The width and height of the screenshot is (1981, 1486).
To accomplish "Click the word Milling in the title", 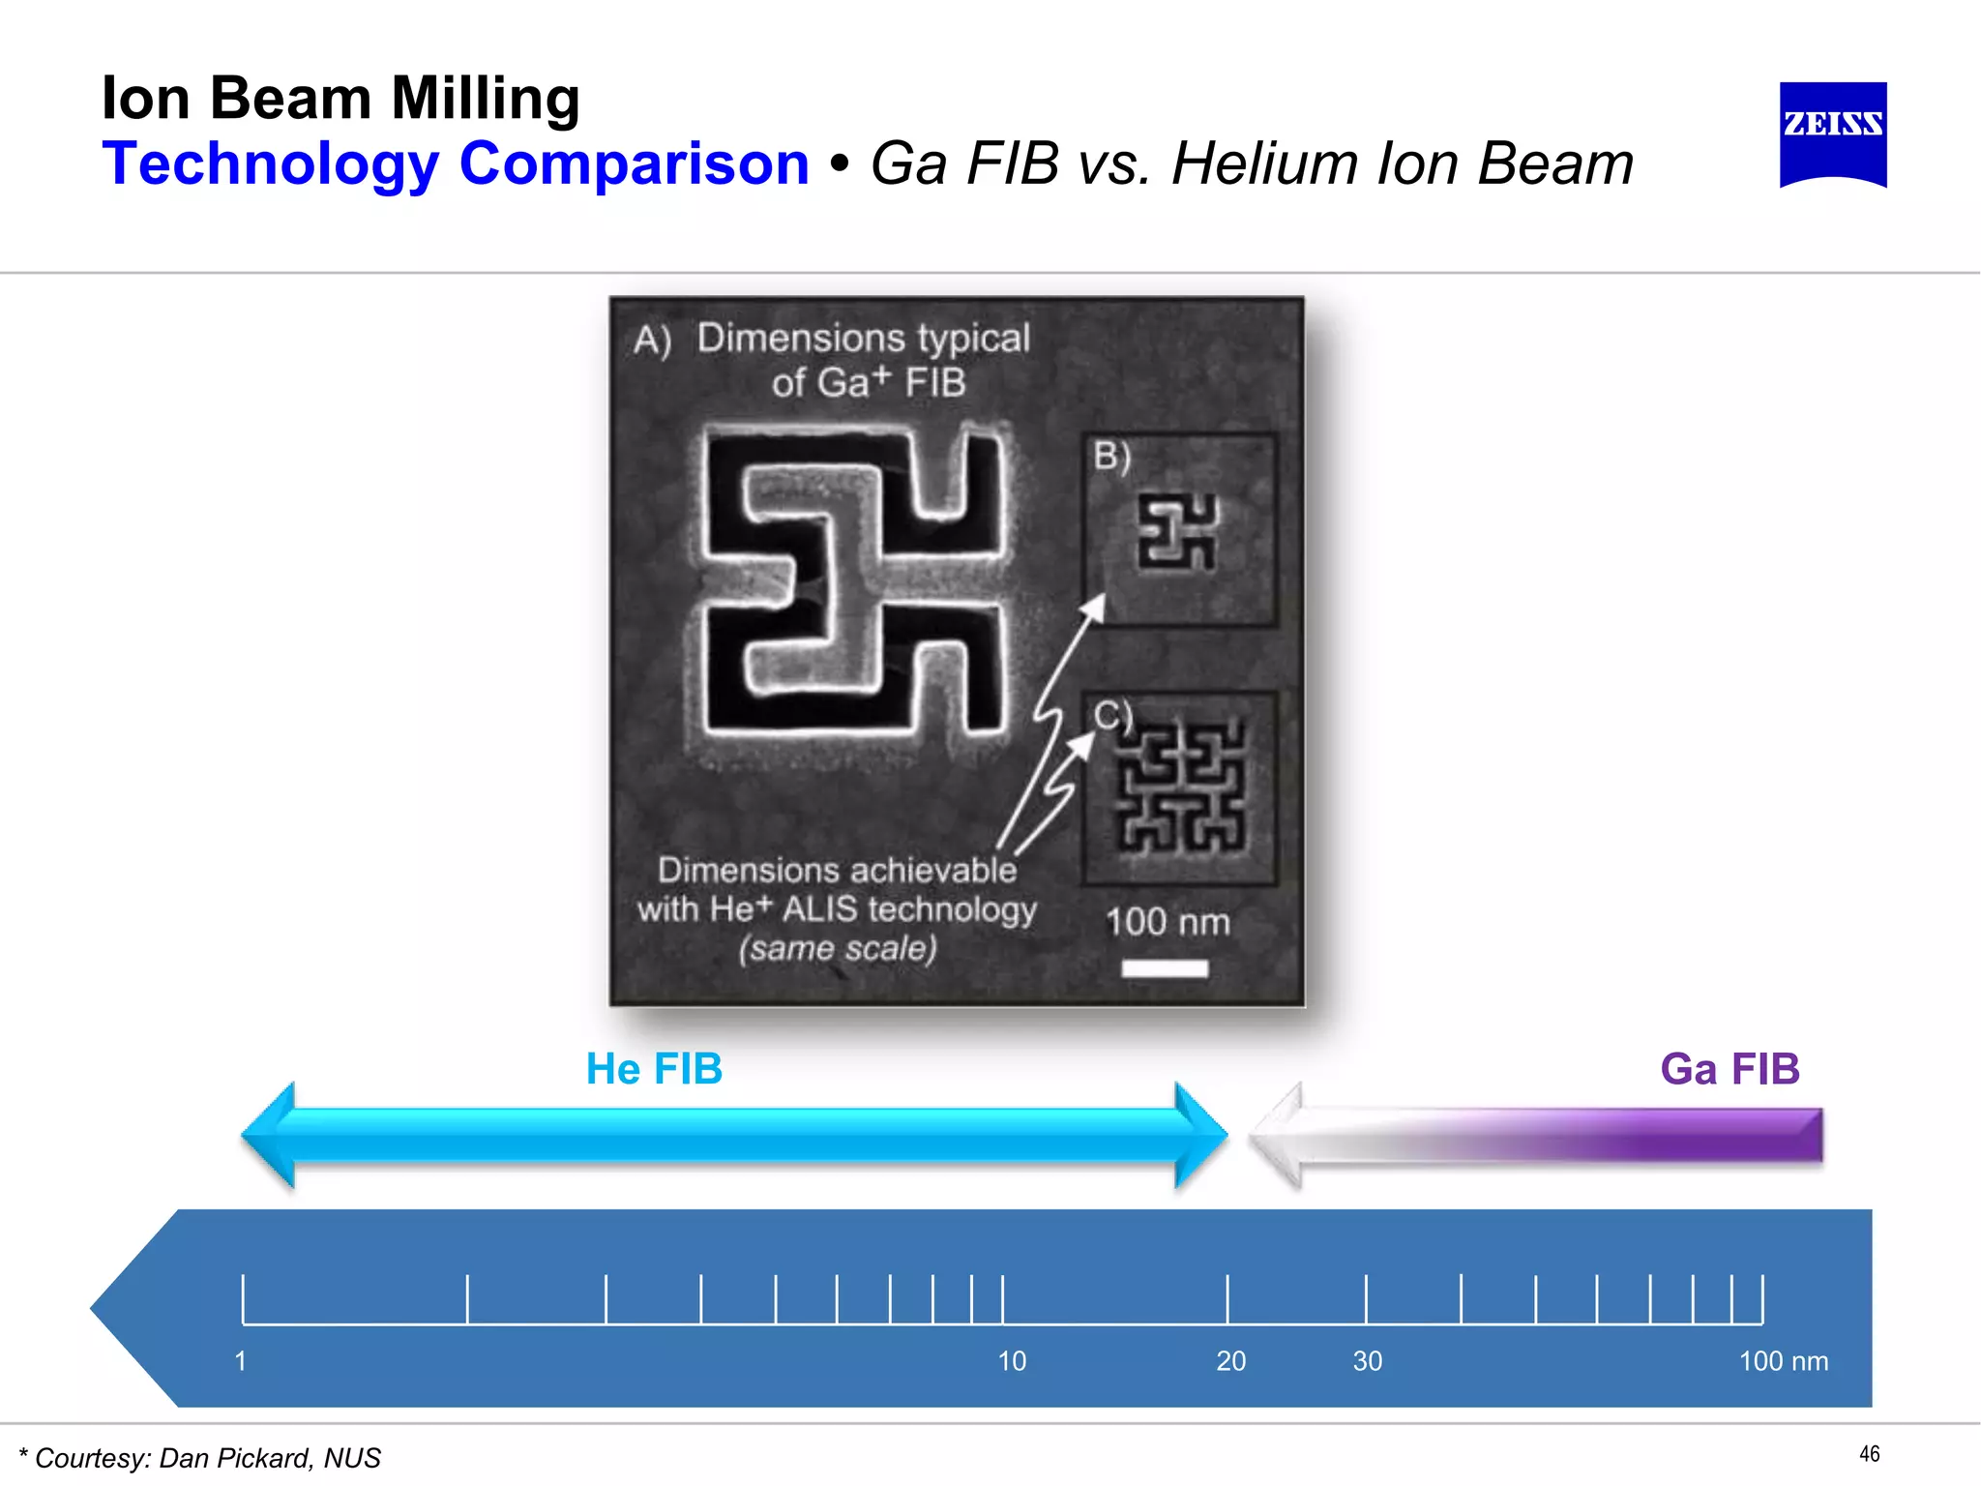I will pyautogui.click(x=486, y=100).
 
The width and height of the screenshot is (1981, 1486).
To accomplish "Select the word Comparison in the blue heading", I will pyautogui.click(x=634, y=163).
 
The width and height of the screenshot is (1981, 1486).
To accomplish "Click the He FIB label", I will pyautogui.click(x=655, y=1069).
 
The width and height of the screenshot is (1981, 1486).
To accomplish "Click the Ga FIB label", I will pyautogui.click(x=1730, y=1069).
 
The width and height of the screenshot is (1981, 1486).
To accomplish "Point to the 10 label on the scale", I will pyautogui.click(x=1012, y=1361).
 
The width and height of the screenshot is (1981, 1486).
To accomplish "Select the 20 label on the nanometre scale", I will pyautogui.click(x=1230, y=1361).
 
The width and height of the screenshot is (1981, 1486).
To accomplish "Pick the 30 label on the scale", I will pyautogui.click(x=1367, y=1361).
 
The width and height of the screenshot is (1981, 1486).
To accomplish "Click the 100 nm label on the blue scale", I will pyautogui.click(x=1783, y=1361).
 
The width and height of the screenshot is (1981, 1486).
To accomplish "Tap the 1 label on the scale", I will pyautogui.click(x=241, y=1361).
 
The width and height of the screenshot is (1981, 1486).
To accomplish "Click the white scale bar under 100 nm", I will pyautogui.click(x=1165, y=968).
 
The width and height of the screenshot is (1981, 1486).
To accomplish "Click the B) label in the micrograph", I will pyautogui.click(x=1112, y=455).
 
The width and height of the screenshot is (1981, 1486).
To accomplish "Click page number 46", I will pyautogui.click(x=1869, y=1454).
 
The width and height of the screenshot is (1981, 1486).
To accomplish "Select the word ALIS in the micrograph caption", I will pyautogui.click(x=819, y=909).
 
